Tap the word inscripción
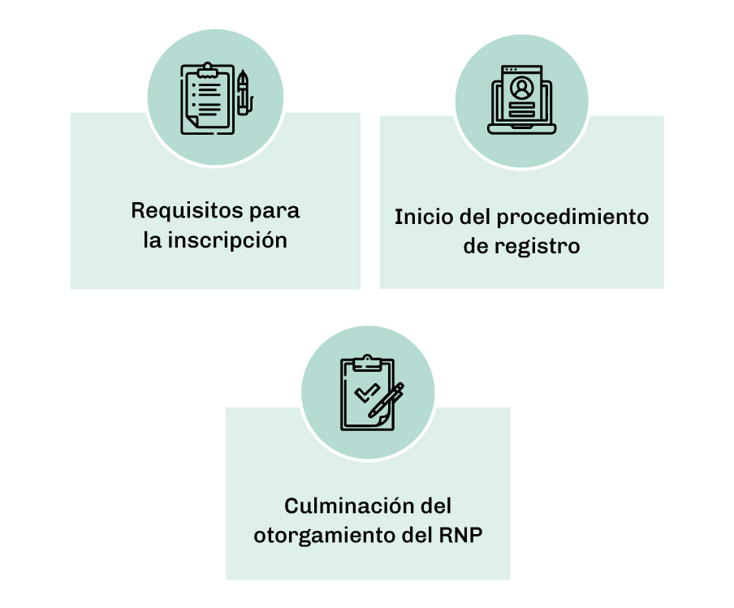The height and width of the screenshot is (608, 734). pos(227,240)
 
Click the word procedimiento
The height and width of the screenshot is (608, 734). pos(572,218)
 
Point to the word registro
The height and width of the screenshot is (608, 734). pos(538,247)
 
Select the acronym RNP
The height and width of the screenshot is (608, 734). pos(460,535)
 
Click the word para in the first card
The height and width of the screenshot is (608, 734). pos(274,213)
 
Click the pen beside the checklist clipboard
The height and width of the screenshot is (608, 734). pos(244,93)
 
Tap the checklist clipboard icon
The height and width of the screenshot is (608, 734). pos(207,99)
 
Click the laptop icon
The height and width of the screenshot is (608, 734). pos(521,100)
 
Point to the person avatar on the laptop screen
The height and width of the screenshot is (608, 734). pos(521,88)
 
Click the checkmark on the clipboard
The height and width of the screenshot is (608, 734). pos(367,393)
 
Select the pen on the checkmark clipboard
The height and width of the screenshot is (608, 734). pos(386,401)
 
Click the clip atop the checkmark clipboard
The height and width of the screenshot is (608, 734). pos(367,363)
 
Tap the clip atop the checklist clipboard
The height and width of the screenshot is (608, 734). pos(207,70)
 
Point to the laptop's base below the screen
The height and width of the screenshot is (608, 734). pos(521,129)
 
